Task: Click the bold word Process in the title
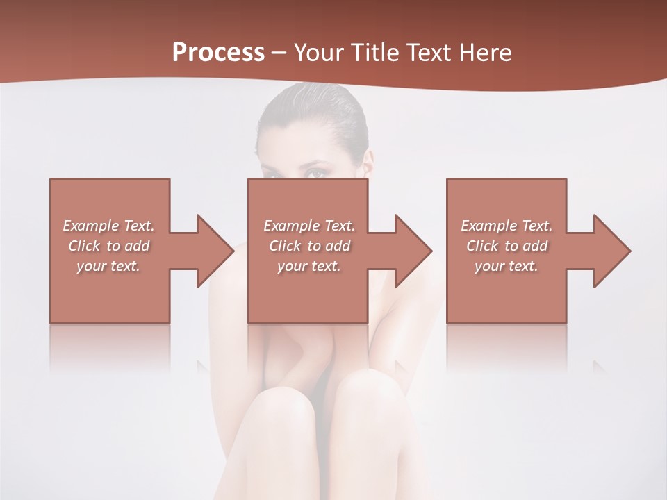click(218, 53)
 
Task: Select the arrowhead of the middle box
click(413, 251)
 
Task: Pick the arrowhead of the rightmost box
click(611, 251)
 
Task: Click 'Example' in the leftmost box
click(90, 226)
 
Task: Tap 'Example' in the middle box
click(290, 226)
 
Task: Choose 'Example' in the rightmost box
click(488, 226)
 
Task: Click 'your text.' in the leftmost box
click(108, 266)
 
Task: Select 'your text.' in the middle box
click(309, 266)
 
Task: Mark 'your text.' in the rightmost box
click(507, 266)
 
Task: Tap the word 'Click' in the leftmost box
click(84, 246)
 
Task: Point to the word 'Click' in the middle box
click(285, 246)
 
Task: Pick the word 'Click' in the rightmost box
click(482, 246)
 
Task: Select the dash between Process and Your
click(279, 53)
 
